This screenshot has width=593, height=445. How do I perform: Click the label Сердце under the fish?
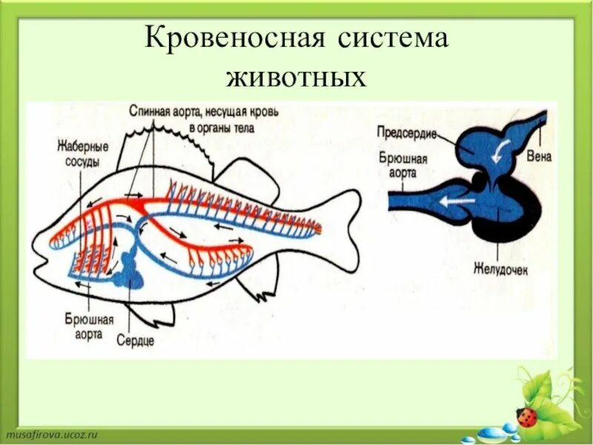[135, 340]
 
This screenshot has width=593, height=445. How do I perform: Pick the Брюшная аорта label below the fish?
[89, 327]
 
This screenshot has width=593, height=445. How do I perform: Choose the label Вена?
[539, 156]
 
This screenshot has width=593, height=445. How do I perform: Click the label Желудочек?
[500, 271]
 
